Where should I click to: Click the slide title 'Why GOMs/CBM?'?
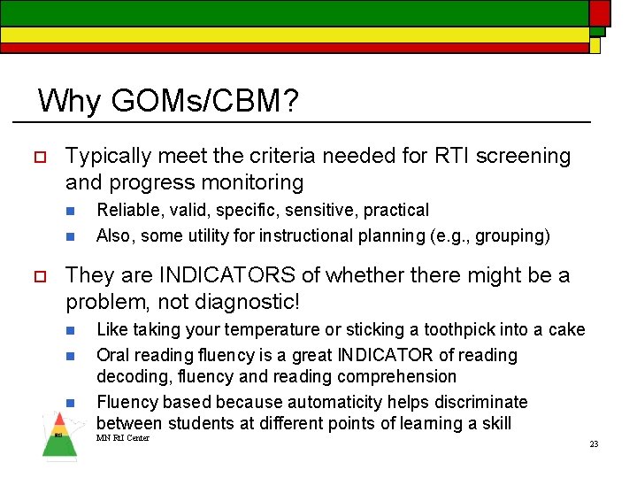coord(168,101)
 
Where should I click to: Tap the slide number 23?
coord(595,443)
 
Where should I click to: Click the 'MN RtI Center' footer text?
coord(123,438)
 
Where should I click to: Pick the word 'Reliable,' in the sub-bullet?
coord(129,210)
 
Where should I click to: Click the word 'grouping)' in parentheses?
coord(513,235)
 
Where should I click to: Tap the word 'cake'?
coord(566,329)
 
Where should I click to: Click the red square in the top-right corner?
coord(600,12)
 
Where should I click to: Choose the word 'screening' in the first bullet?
coord(526,157)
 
